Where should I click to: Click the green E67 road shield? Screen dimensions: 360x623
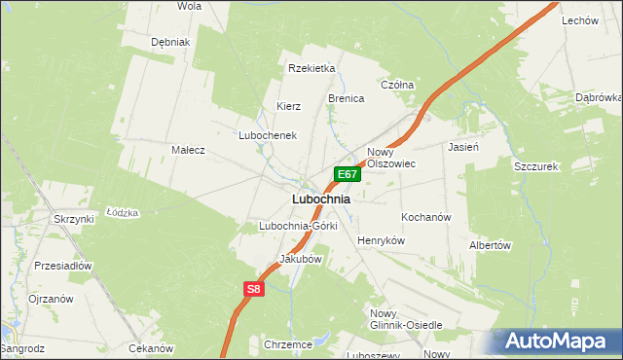[348, 174]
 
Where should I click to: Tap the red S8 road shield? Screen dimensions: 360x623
[253, 289]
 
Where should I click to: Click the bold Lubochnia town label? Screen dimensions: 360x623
[320, 199]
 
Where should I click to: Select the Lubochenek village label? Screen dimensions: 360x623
[268, 135]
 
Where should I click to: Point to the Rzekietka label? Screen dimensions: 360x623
[311, 68]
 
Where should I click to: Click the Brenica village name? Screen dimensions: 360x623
[346, 99]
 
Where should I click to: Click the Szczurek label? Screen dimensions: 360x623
[534, 167]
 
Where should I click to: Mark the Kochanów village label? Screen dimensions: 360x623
[425, 217]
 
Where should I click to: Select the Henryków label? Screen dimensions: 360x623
[381, 240]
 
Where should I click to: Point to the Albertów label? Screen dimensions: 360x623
[490, 245]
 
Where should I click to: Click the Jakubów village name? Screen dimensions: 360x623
[300, 260]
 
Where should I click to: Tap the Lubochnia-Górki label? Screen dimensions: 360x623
[298, 226]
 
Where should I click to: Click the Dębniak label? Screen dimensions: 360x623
[170, 43]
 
